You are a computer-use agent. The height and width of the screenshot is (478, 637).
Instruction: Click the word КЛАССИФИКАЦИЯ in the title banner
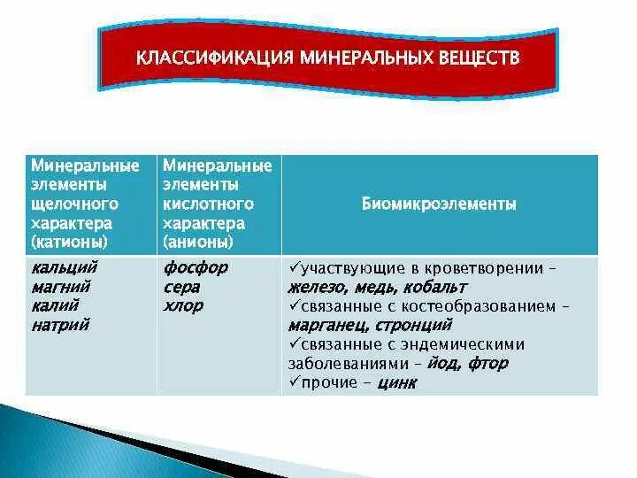point(212,59)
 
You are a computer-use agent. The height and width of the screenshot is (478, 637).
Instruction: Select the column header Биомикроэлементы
point(439,204)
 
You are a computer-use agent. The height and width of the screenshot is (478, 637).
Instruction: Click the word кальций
point(64,267)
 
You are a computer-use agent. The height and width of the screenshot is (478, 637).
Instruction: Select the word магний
point(60,287)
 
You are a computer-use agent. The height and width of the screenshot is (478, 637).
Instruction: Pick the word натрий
point(60,325)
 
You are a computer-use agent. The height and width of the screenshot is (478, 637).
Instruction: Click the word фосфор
point(196,267)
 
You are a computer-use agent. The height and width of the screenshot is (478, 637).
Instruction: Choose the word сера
point(181,287)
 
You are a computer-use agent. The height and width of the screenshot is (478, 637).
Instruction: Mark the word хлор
point(183,305)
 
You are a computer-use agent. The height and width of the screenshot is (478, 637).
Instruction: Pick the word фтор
point(489,363)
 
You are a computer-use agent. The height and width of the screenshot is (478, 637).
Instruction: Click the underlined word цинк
point(396,382)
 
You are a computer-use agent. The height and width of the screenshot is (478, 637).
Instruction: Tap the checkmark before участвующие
point(293,267)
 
